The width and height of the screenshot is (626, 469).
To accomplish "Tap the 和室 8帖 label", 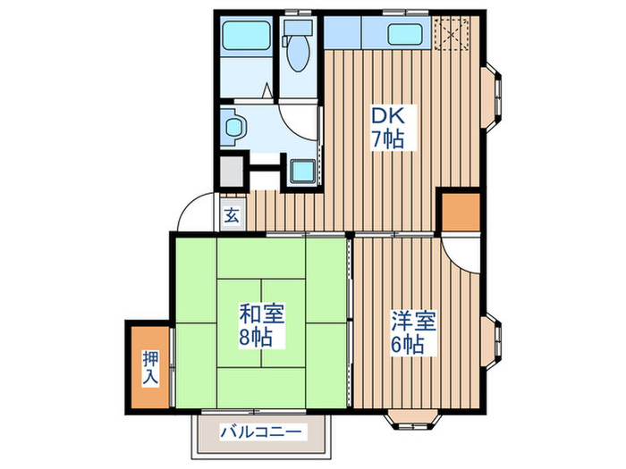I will pyautogui.click(x=261, y=326).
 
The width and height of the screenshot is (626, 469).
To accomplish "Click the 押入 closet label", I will pyautogui.click(x=149, y=366).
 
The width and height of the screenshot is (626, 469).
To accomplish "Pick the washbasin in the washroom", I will pyautogui.click(x=233, y=127).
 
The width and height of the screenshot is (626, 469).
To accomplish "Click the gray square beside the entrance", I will pyautogui.click(x=232, y=170).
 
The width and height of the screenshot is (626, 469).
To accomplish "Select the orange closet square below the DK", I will pyautogui.click(x=460, y=211).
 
